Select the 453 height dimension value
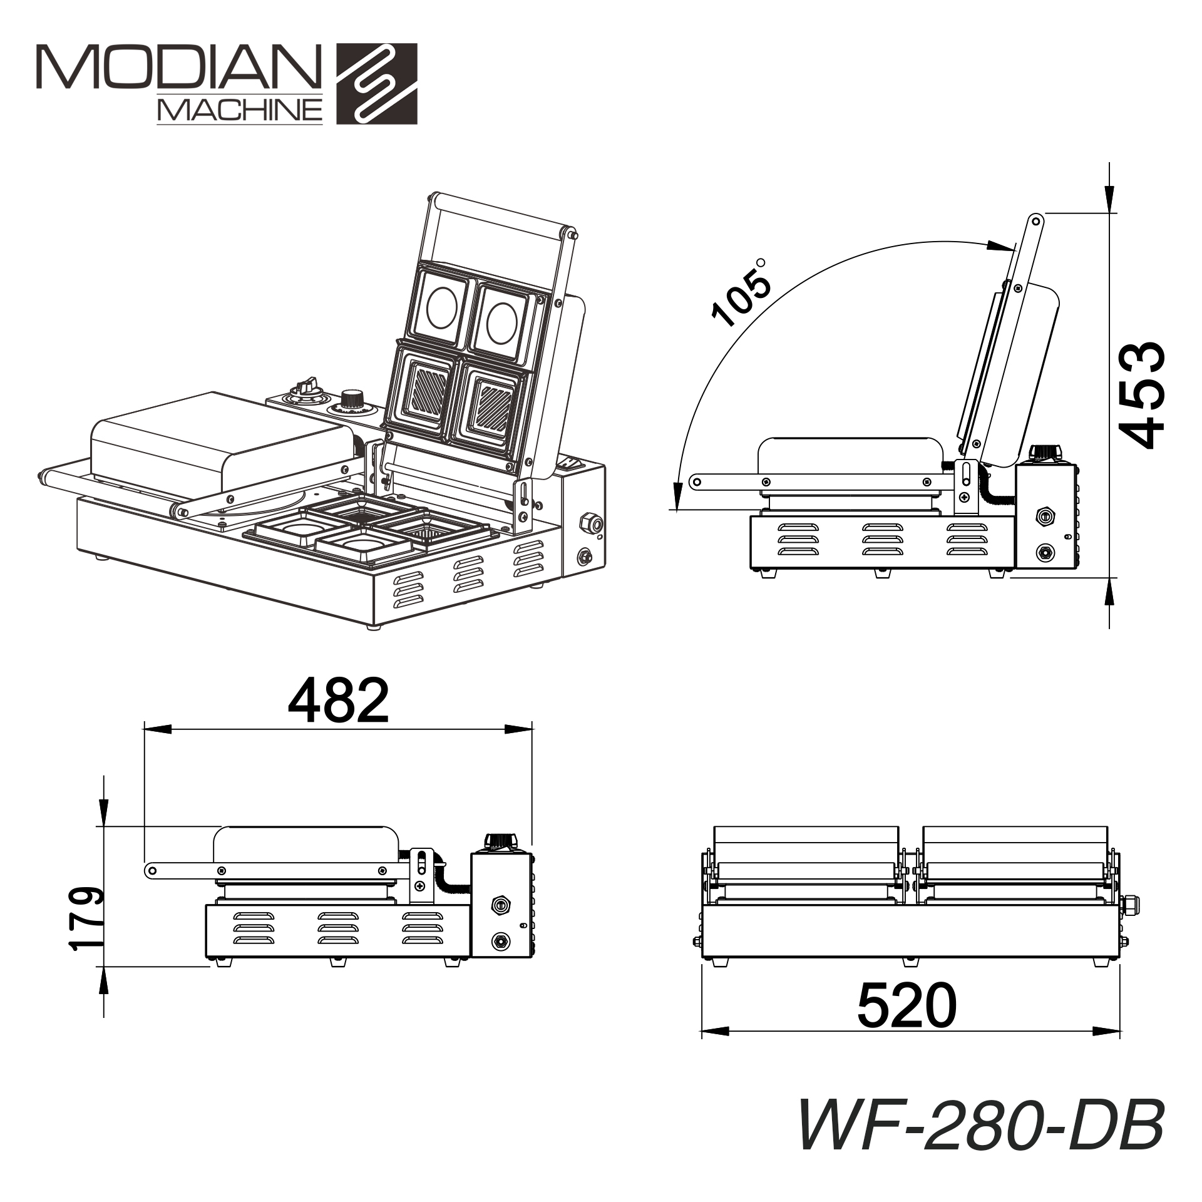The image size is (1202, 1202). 1141,395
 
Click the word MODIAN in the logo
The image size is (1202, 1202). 178,66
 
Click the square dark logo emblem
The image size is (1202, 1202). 377,83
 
